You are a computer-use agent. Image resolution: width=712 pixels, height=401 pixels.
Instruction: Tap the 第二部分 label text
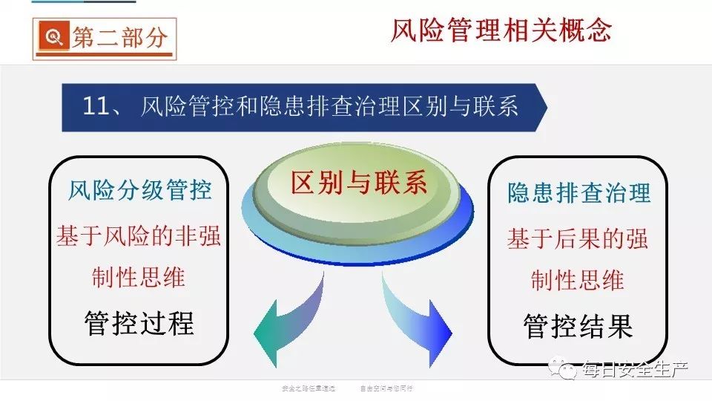119,38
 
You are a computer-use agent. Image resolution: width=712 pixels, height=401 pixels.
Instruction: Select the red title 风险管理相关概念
501,30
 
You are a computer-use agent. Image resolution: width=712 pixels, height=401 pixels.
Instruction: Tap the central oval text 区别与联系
359,183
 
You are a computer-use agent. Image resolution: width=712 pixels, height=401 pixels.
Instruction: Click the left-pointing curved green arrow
286,319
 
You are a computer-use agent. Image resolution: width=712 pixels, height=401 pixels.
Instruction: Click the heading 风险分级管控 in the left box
139,191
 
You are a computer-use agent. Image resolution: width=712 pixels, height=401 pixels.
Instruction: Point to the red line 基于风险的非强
139,237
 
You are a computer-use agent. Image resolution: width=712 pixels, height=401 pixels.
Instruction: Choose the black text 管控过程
139,323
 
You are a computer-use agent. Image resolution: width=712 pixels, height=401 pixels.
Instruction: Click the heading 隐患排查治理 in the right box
578,194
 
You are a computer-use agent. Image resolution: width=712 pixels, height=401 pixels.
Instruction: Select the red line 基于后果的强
578,239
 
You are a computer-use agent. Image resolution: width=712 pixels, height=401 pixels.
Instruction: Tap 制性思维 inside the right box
578,280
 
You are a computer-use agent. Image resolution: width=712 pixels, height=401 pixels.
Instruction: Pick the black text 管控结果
578,326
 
